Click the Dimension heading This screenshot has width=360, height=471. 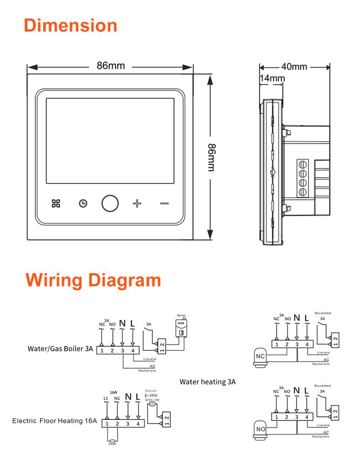(70, 25)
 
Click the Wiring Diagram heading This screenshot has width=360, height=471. (93, 280)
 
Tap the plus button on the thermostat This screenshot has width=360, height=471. (137, 203)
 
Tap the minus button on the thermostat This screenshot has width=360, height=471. (164, 204)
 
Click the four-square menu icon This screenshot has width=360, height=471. (56, 203)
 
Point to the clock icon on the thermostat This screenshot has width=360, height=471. (82, 204)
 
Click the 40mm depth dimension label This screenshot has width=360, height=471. (294, 67)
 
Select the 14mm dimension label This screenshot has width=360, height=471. (272, 78)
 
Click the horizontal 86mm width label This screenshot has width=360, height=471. (110, 66)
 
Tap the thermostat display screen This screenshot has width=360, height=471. (110, 141)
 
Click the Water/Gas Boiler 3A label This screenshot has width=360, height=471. (60, 349)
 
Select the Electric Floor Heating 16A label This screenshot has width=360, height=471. (54, 421)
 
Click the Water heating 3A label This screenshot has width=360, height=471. (207, 382)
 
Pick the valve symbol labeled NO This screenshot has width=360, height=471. (261, 429)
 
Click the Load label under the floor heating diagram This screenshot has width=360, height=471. (112, 444)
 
